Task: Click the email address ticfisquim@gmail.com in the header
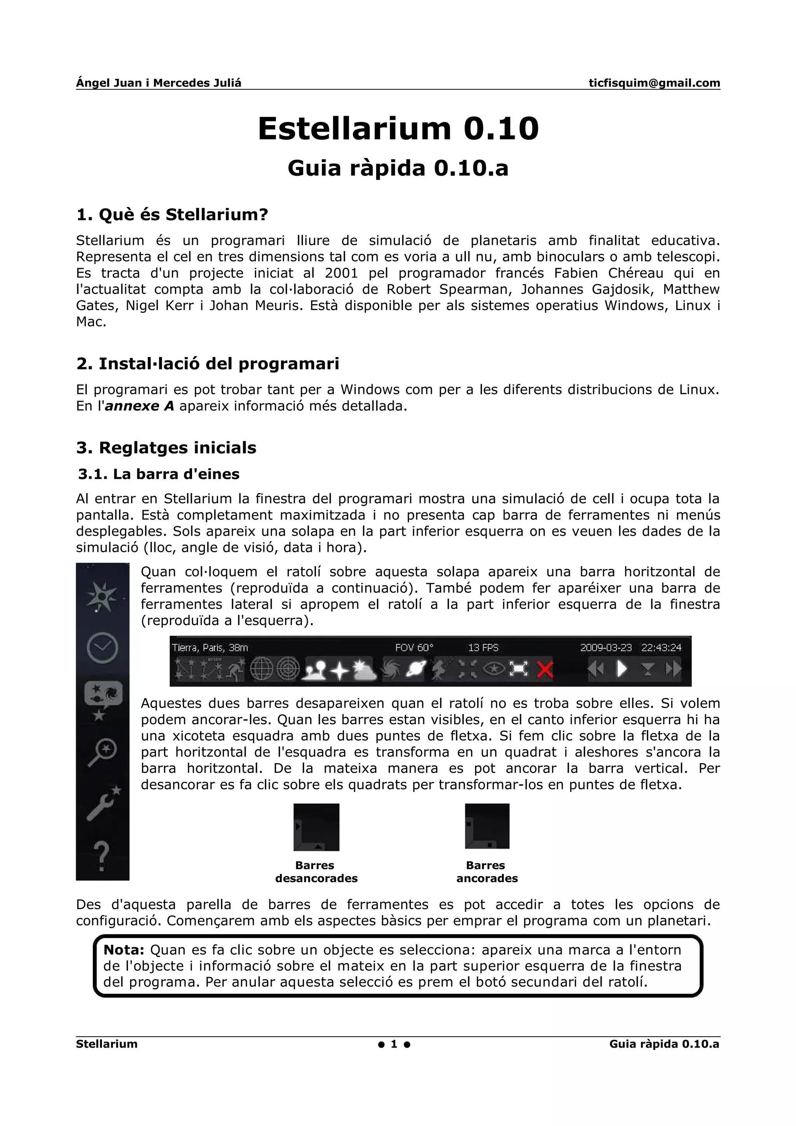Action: coord(654,83)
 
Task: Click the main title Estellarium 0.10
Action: coord(398,129)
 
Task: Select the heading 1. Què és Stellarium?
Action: coord(172,214)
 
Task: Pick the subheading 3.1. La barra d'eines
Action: coord(159,474)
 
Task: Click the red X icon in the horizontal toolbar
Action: coord(545,669)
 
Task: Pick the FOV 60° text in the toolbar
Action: coord(414,648)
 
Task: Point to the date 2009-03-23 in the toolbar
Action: coord(606,648)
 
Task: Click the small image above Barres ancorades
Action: coord(487,826)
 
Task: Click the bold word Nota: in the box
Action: coord(124,950)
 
